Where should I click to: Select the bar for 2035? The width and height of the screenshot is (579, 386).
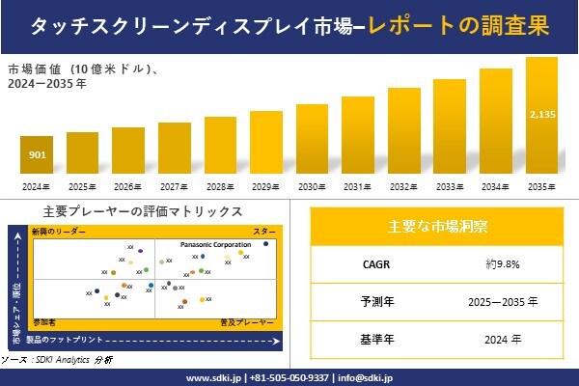click(541, 116)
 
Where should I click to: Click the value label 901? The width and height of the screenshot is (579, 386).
click(36, 154)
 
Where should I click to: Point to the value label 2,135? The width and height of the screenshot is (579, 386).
click(541, 115)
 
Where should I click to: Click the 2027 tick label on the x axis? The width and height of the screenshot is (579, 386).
click(174, 186)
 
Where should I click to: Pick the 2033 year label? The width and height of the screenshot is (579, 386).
click(450, 186)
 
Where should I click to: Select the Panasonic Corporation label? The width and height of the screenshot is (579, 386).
click(215, 245)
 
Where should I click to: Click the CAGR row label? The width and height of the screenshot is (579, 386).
click(372, 263)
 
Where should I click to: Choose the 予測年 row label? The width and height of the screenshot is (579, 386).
click(372, 301)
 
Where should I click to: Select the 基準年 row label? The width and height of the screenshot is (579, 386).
click(372, 339)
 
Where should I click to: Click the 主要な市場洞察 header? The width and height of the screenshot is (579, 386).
click(437, 227)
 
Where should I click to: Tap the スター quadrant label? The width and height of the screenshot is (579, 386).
click(263, 233)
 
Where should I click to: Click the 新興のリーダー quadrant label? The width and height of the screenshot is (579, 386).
click(58, 233)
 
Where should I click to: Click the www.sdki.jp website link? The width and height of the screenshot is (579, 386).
click(212, 377)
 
